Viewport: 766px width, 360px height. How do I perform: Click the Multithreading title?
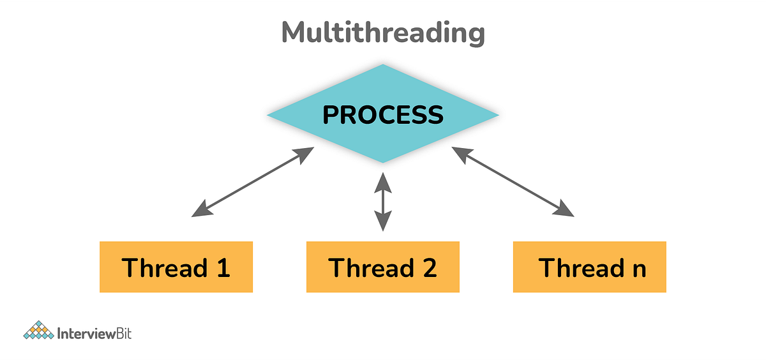point(383,33)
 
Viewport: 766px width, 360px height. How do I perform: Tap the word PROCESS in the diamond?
point(382,115)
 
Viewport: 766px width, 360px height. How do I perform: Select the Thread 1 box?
point(176,267)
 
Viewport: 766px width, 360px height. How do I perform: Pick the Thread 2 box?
point(383,267)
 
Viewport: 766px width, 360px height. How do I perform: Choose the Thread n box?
point(590,267)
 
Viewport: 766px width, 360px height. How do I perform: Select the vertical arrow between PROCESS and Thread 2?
point(382,201)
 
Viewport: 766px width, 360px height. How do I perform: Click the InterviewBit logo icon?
point(38,331)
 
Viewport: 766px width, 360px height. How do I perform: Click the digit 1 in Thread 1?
point(222,267)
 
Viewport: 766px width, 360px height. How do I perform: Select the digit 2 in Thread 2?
point(429,267)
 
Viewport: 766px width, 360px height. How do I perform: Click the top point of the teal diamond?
point(382,65)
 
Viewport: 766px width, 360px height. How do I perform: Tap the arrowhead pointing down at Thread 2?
point(382,222)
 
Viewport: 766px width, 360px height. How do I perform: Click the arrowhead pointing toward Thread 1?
point(200,209)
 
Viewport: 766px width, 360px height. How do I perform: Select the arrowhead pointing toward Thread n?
point(565,209)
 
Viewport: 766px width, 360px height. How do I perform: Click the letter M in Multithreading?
point(294,33)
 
